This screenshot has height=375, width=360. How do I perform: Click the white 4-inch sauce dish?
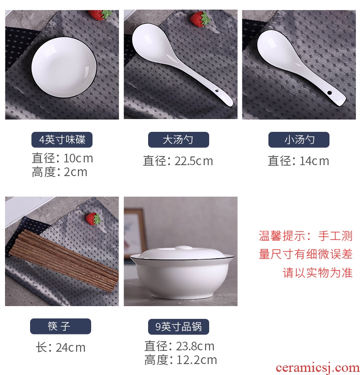point(64,67)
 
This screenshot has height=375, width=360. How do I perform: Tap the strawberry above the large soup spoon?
point(200,19)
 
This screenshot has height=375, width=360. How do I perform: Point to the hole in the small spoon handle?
point(329,93)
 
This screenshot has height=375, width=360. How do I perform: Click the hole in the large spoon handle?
point(217,91)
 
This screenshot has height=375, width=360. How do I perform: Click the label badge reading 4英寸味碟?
point(62,140)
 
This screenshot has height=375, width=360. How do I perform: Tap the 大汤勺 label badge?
point(179,140)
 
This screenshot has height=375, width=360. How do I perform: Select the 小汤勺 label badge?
point(299,140)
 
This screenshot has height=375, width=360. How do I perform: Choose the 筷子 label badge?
point(61,326)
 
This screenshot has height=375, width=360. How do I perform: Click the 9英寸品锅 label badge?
point(179,327)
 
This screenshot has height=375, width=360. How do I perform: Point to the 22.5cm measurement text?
point(194,161)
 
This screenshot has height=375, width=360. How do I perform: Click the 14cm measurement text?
point(314,161)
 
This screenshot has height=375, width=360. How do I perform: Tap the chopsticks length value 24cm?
point(71,348)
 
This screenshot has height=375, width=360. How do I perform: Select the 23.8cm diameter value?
point(195,346)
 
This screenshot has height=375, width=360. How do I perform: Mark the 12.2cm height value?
point(196,360)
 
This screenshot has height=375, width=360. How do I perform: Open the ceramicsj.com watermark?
point(318,368)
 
